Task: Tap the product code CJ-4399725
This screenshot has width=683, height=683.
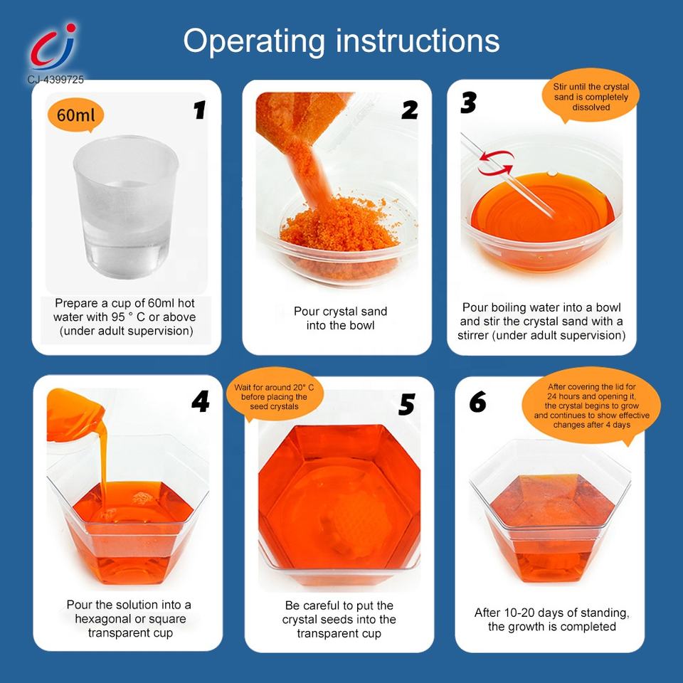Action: point(55,79)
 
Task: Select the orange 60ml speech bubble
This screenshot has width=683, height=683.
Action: point(76,115)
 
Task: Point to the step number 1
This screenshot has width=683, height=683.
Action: point(199,110)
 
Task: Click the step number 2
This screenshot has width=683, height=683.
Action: point(410,110)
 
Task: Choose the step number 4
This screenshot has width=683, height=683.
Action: point(201,401)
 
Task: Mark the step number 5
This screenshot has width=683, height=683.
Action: point(406,405)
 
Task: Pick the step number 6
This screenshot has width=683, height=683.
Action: point(477,401)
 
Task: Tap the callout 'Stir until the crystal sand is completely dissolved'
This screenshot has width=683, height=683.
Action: point(591,96)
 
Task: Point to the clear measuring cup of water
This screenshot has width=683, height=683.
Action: point(125,206)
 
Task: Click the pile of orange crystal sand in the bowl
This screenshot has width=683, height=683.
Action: point(339,226)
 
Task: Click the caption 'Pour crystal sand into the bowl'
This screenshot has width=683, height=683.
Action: point(340,319)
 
